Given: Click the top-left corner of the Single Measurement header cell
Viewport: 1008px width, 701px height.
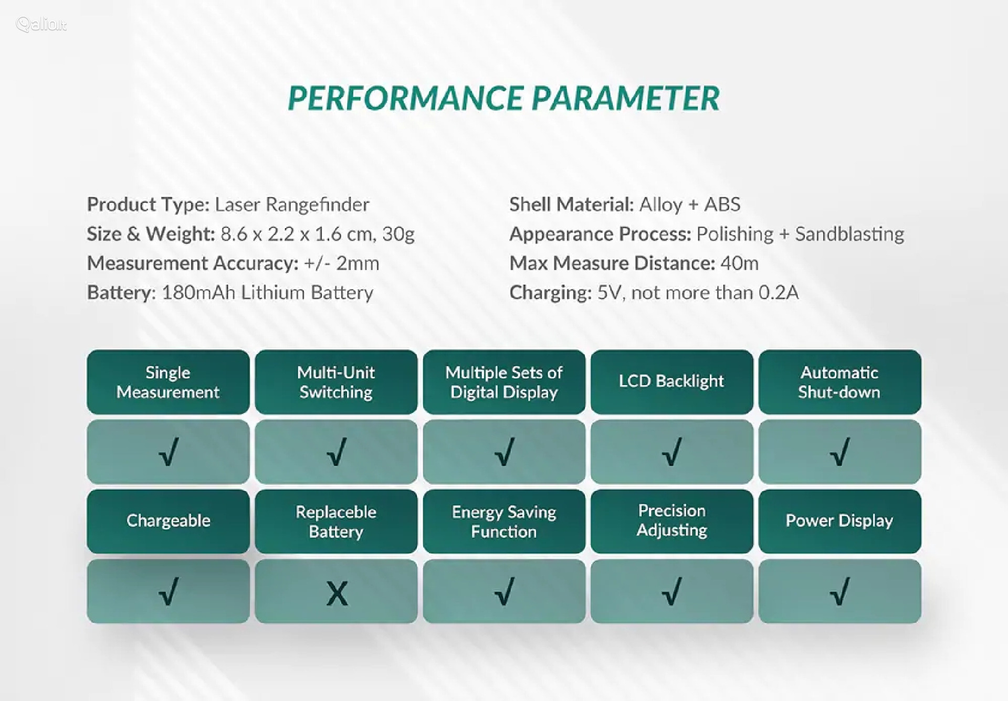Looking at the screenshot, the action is pos(87,350).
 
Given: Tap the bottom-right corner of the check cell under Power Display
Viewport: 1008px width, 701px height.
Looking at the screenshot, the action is pos(921,623).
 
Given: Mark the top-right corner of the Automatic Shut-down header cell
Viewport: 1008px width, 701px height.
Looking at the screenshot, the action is pos(921,350).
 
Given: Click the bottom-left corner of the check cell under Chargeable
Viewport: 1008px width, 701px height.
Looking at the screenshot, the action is pos(87,623).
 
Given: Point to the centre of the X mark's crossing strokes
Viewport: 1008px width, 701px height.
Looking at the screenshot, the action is pos(337,594).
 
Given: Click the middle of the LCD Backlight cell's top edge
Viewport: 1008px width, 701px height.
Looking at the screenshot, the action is pos(672,350).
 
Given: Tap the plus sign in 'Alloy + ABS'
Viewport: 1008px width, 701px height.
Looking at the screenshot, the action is pos(694,205).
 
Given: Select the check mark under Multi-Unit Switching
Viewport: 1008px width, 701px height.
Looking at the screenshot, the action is pos(337,452).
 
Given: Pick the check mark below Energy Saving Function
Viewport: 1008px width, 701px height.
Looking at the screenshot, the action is pos(505,591).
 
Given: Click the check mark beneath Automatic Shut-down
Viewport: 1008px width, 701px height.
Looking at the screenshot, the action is pos(840,452).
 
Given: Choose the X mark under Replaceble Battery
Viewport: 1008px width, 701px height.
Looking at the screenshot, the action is pos(337,594).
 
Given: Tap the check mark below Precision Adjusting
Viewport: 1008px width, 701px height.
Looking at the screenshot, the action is pos(672,591).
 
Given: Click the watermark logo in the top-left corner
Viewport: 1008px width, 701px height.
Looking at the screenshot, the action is pos(41,24).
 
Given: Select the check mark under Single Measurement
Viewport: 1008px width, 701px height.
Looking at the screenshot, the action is pos(169,452).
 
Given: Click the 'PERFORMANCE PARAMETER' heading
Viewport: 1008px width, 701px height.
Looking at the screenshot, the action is pos(504,98).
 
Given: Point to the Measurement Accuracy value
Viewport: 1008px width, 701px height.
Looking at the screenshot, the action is pos(341,263).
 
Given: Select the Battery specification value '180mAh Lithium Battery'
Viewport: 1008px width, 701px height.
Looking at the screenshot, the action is pos(267,292).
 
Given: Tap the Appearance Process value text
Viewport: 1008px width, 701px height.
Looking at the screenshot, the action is pos(800,234).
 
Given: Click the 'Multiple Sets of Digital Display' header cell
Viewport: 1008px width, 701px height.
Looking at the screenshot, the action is pos(504,382).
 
